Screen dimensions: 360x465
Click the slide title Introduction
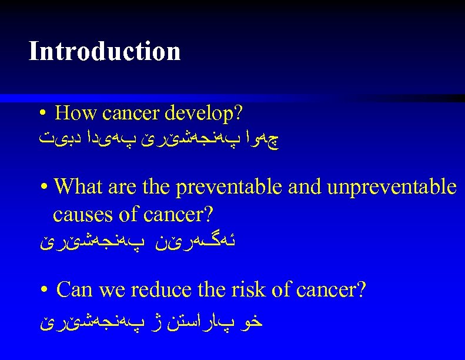(104, 51)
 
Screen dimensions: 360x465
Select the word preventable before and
(231, 187)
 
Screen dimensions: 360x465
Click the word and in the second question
(304, 187)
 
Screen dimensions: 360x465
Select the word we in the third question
(113, 289)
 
